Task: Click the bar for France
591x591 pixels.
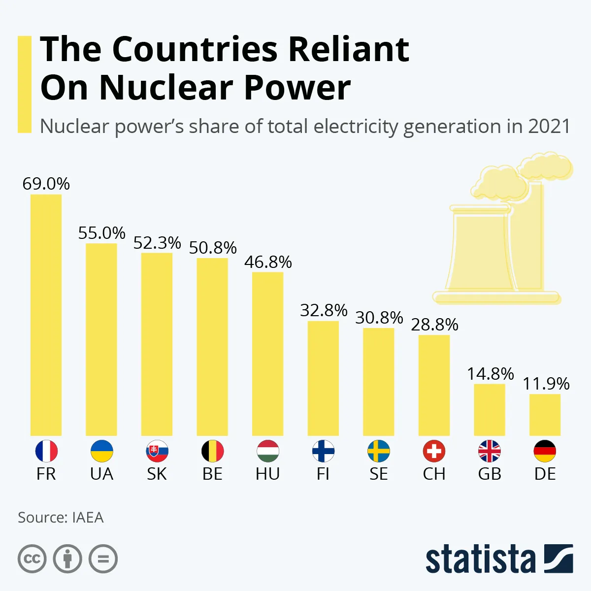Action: (x=46, y=315)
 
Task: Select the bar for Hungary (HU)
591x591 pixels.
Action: (x=267, y=354)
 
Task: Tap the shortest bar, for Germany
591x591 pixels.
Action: (x=545, y=415)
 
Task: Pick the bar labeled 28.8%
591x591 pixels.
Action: (x=434, y=385)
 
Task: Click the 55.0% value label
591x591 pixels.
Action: (x=101, y=233)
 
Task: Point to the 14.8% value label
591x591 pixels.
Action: (x=490, y=374)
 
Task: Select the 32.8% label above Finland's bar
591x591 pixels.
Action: (x=324, y=310)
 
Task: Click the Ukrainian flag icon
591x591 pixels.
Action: (x=101, y=451)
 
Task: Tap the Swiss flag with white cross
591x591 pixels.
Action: (x=434, y=451)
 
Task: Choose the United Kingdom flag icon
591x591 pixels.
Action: (x=490, y=451)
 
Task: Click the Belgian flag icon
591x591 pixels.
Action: (x=212, y=451)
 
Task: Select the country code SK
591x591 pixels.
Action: (x=157, y=474)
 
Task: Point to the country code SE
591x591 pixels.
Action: (x=378, y=474)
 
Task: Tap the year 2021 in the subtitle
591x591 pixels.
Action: (x=549, y=127)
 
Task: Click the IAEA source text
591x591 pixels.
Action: (x=88, y=518)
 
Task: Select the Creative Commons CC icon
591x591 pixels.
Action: (x=32, y=559)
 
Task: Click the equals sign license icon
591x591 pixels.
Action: (x=103, y=559)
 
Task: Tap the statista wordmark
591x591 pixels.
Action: (x=480, y=559)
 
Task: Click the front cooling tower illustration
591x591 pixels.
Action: (x=480, y=251)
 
